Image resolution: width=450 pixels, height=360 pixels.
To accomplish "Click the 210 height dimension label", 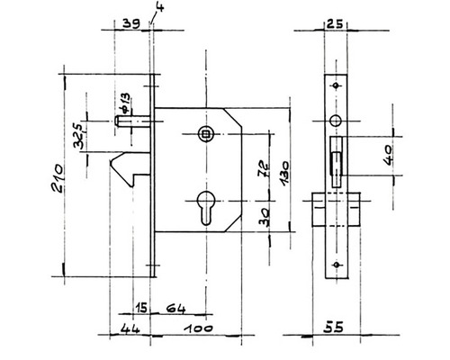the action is tap(58, 178).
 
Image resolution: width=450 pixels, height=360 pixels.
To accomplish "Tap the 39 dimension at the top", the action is tap(131, 23).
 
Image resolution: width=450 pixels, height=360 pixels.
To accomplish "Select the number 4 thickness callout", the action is tap(160, 7).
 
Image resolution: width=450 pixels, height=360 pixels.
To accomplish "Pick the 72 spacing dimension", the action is tap(264, 169).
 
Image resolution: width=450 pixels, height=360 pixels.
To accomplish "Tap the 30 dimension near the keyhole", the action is tap(264, 217).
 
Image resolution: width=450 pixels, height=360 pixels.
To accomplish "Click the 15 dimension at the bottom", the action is tap(141, 308).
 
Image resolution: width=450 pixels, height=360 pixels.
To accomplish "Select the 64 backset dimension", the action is tap(176, 309).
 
